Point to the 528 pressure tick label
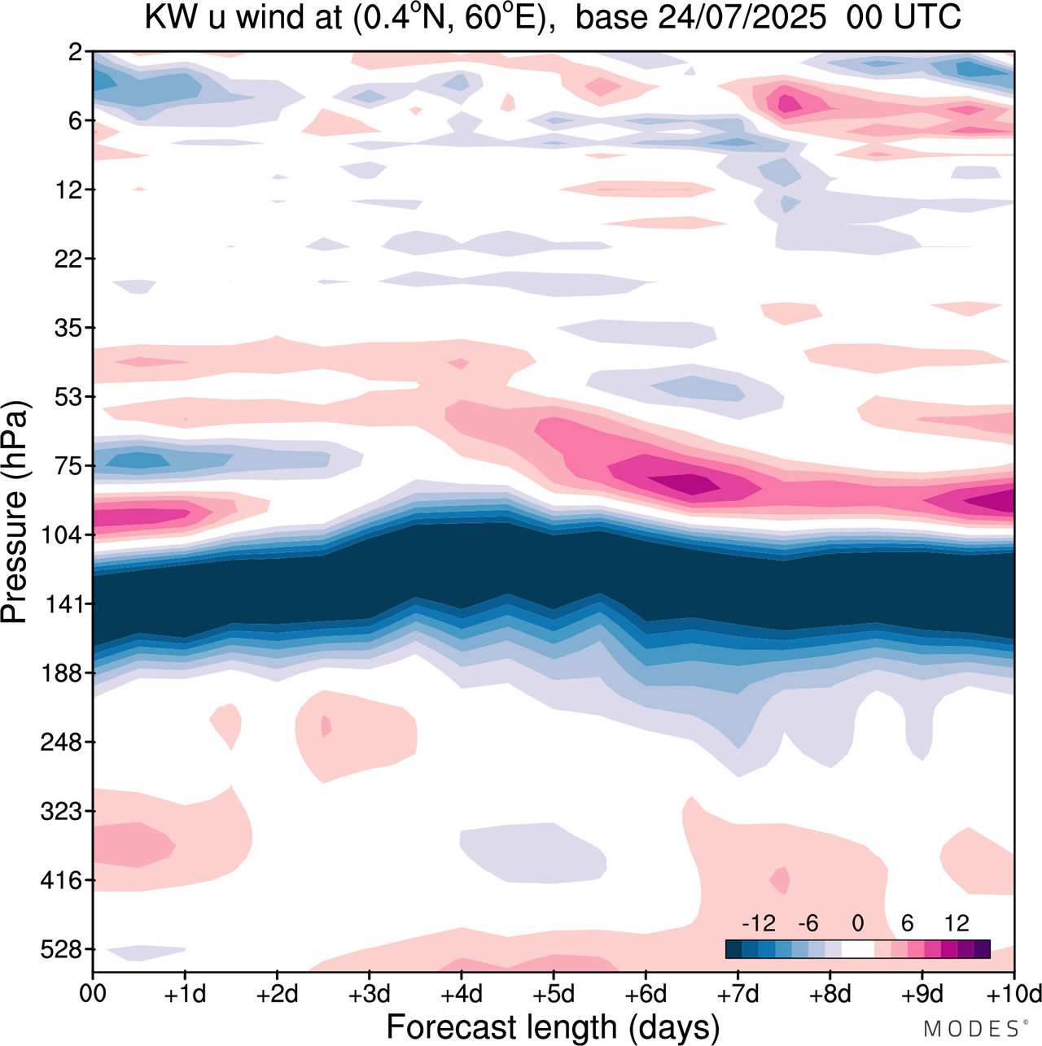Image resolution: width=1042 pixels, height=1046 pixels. (x=63, y=950)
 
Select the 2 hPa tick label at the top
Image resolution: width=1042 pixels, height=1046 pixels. (x=76, y=53)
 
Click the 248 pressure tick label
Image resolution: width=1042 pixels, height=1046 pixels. (x=63, y=743)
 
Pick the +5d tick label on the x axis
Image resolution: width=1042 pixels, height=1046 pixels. (x=553, y=994)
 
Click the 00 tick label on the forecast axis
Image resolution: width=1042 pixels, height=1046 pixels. (x=93, y=994)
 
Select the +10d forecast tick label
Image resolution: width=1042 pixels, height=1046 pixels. (x=1012, y=994)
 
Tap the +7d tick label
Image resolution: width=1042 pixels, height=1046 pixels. (x=738, y=994)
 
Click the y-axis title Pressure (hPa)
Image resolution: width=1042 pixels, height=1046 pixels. (x=15, y=512)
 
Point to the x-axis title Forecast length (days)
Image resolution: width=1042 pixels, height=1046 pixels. (x=553, y=1026)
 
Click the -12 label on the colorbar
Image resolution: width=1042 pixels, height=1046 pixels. (x=758, y=924)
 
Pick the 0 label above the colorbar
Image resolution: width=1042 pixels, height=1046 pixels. (x=857, y=924)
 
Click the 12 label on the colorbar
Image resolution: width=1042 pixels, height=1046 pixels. (x=957, y=924)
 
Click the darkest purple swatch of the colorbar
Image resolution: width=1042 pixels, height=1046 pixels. (x=982, y=949)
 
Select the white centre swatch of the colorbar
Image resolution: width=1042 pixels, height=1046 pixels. (x=857, y=949)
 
